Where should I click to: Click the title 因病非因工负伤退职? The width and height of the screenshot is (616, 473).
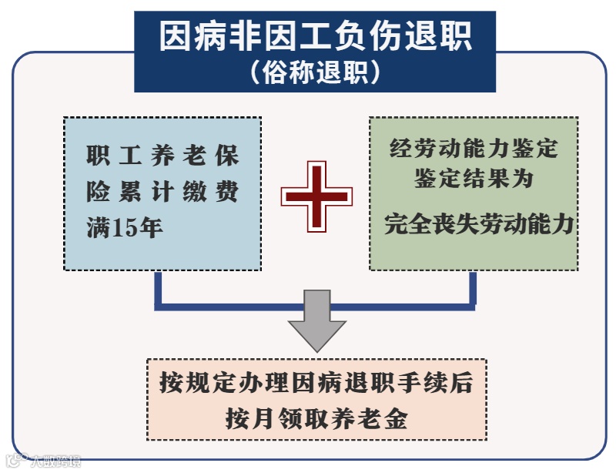[x=315, y=36]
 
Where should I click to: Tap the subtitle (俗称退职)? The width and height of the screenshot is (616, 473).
[x=315, y=72]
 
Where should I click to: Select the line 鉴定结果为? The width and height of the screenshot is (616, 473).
[x=474, y=179]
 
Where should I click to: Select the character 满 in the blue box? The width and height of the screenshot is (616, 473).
[x=97, y=229]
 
